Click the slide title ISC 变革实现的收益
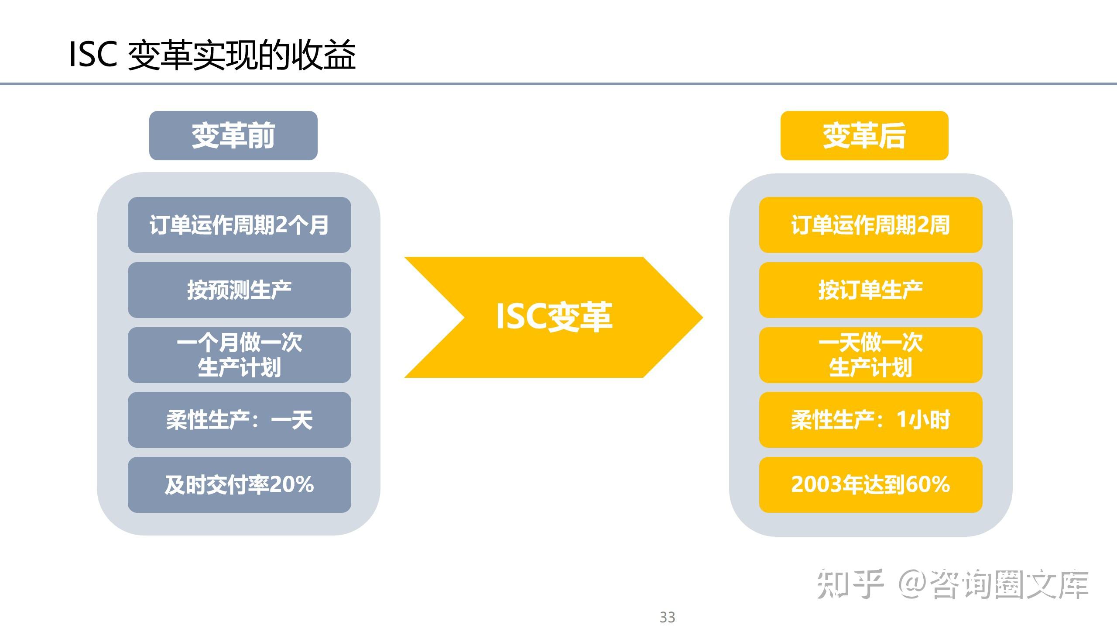tap(212, 55)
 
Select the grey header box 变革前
tap(233, 135)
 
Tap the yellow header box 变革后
tap(864, 135)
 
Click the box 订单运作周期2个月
tap(239, 225)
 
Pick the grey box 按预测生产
tap(239, 290)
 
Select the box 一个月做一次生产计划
tap(239, 355)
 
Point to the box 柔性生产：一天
tap(239, 420)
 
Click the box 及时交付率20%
tap(239, 484)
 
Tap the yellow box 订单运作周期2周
tap(870, 225)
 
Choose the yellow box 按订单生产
tap(870, 290)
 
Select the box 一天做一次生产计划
tap(870, 355)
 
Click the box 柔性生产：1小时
tap(870, 420)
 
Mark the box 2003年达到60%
tap(870, 484)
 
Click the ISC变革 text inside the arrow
tap(554, 317)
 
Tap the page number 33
tap(667, 617)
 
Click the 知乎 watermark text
tap(850, 584)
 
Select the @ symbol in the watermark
tap(913, 584)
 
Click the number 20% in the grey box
tap(292, 484)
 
